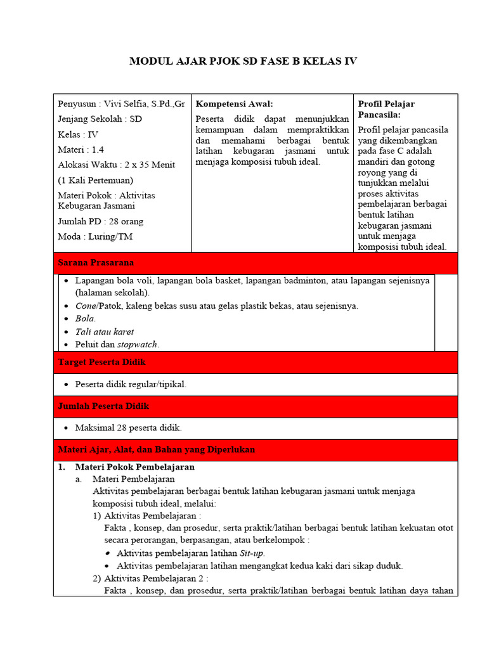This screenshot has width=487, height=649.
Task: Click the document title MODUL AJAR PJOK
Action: pos(243,61)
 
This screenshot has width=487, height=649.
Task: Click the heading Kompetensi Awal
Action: pos(234,104)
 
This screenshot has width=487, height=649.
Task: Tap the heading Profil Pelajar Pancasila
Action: pos(386,109)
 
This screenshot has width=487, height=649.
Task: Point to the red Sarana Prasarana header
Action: pos(96,262)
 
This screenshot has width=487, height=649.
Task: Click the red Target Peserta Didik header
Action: pos(102,362)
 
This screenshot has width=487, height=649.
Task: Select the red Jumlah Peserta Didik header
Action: pos(103,406)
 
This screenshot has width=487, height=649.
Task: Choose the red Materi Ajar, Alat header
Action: pos(156,449)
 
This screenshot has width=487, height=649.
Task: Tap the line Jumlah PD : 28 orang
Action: pos(100,221)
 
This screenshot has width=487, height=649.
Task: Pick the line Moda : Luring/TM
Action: pos(95,236)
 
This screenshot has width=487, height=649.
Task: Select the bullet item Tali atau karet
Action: pos(105,331)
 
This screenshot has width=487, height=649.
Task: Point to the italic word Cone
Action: pos(86,305)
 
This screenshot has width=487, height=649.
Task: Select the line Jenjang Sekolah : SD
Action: pos(100,119)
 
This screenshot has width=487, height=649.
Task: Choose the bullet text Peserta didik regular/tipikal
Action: pos(131,384)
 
